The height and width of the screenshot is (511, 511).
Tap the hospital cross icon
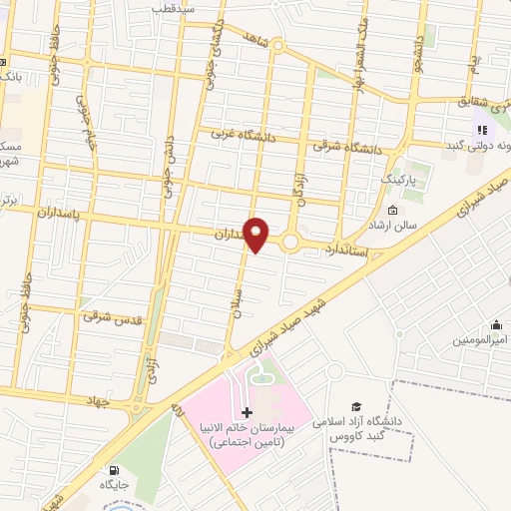click(248, 412)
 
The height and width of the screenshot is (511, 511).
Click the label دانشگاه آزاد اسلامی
click(356, 422)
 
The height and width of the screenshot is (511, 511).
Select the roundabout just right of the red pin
click(291, 242)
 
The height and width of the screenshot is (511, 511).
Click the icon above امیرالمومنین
click(496, 324)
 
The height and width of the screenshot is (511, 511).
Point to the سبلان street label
click(238, 304)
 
